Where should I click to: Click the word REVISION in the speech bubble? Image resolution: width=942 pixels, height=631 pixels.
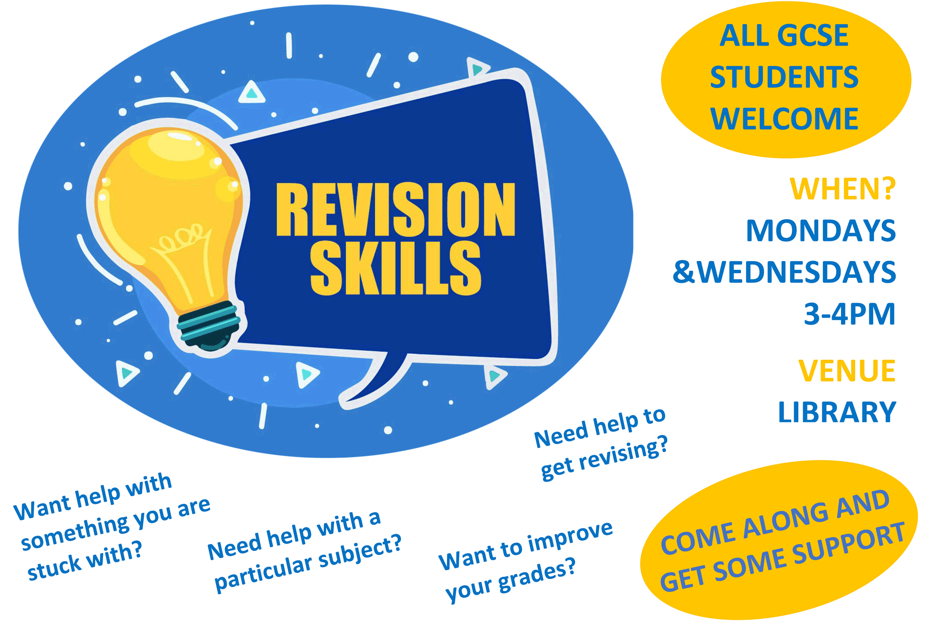tap(395, 210)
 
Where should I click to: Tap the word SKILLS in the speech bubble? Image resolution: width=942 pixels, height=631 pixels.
tap(395, 268)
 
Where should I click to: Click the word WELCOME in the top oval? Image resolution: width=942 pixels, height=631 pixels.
tap(784, 119)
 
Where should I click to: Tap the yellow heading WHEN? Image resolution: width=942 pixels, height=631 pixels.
tap(842, 189)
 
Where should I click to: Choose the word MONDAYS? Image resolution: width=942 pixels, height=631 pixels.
tap(821, 231)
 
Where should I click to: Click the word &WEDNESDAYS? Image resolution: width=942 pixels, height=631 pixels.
tap(784, 272)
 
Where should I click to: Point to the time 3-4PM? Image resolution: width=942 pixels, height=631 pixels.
tap(849, 314)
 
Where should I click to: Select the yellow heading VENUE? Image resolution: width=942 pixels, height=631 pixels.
tap(847, 370)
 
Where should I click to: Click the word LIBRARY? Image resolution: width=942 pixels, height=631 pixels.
tap(837, 412)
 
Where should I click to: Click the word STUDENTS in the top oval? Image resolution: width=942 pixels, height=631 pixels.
tap(784, 77)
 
